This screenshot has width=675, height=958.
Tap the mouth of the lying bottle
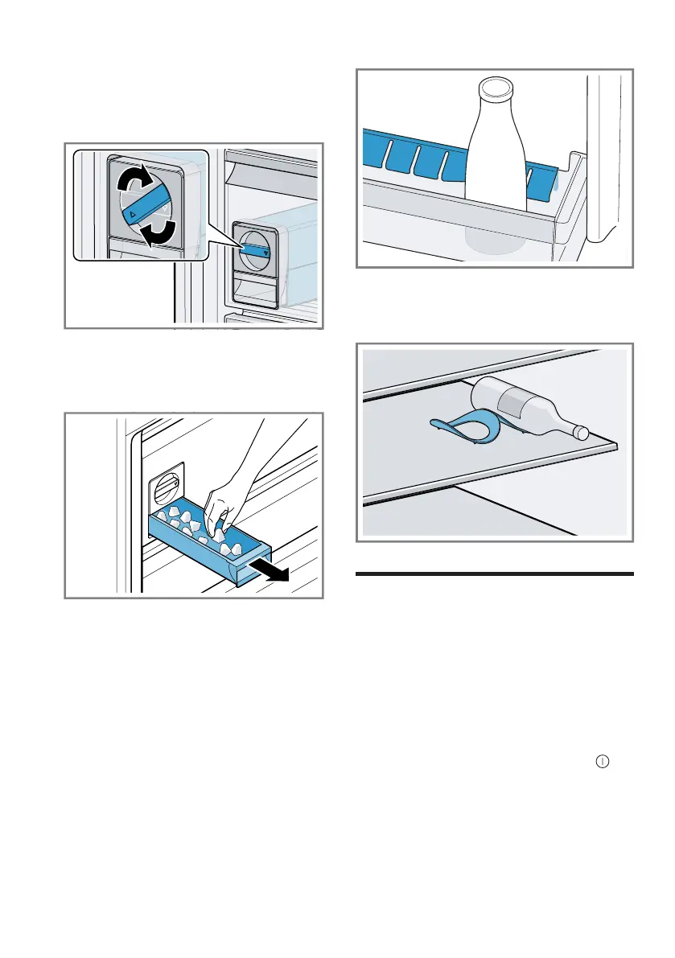coord(581,433)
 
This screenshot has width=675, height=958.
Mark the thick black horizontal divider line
coord(494,574)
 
